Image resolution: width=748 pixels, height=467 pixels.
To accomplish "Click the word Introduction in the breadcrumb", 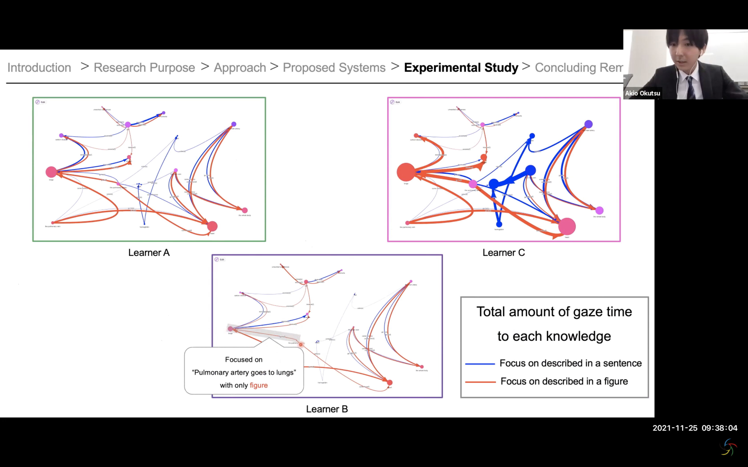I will tap(39, 68).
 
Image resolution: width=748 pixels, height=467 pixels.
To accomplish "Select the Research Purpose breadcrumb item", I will tap(144, 68).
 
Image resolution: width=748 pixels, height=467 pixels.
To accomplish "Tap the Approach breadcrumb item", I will tap(240, 68).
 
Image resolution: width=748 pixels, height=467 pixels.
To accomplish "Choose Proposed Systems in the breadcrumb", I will tap(334, 68).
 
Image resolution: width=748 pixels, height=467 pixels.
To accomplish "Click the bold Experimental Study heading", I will tap(461, 68).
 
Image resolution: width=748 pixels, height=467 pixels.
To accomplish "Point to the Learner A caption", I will tap(149, 253).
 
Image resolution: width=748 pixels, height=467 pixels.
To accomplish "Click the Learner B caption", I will tap(327, 409).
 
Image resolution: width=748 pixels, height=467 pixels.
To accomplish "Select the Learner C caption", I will tap(504, 253).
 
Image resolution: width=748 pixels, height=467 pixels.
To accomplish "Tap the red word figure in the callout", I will tap(259, 385).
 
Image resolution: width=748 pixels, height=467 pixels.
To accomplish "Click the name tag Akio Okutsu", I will tap(642, 93).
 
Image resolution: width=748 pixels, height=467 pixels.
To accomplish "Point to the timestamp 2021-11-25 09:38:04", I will tap(695, 428).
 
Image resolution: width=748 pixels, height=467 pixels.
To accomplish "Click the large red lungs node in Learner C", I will tap(406, 172).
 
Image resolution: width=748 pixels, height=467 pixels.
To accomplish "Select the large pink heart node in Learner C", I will tap(567, 226).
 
